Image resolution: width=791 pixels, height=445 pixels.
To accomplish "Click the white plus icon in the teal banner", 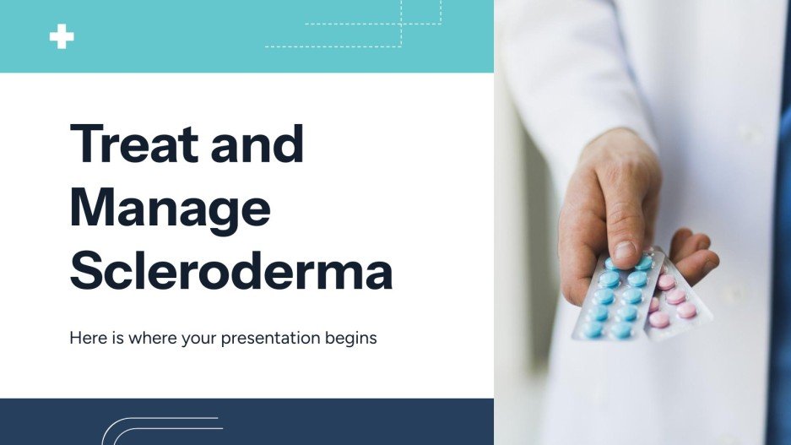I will pos(62,36).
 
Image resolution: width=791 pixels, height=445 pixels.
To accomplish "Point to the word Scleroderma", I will pos(230,271).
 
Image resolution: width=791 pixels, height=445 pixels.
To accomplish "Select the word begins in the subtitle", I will pos(351,339).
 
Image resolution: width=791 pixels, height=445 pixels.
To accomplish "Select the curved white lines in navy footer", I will pos(160,431).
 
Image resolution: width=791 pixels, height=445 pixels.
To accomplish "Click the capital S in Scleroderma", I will pos(86,271).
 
